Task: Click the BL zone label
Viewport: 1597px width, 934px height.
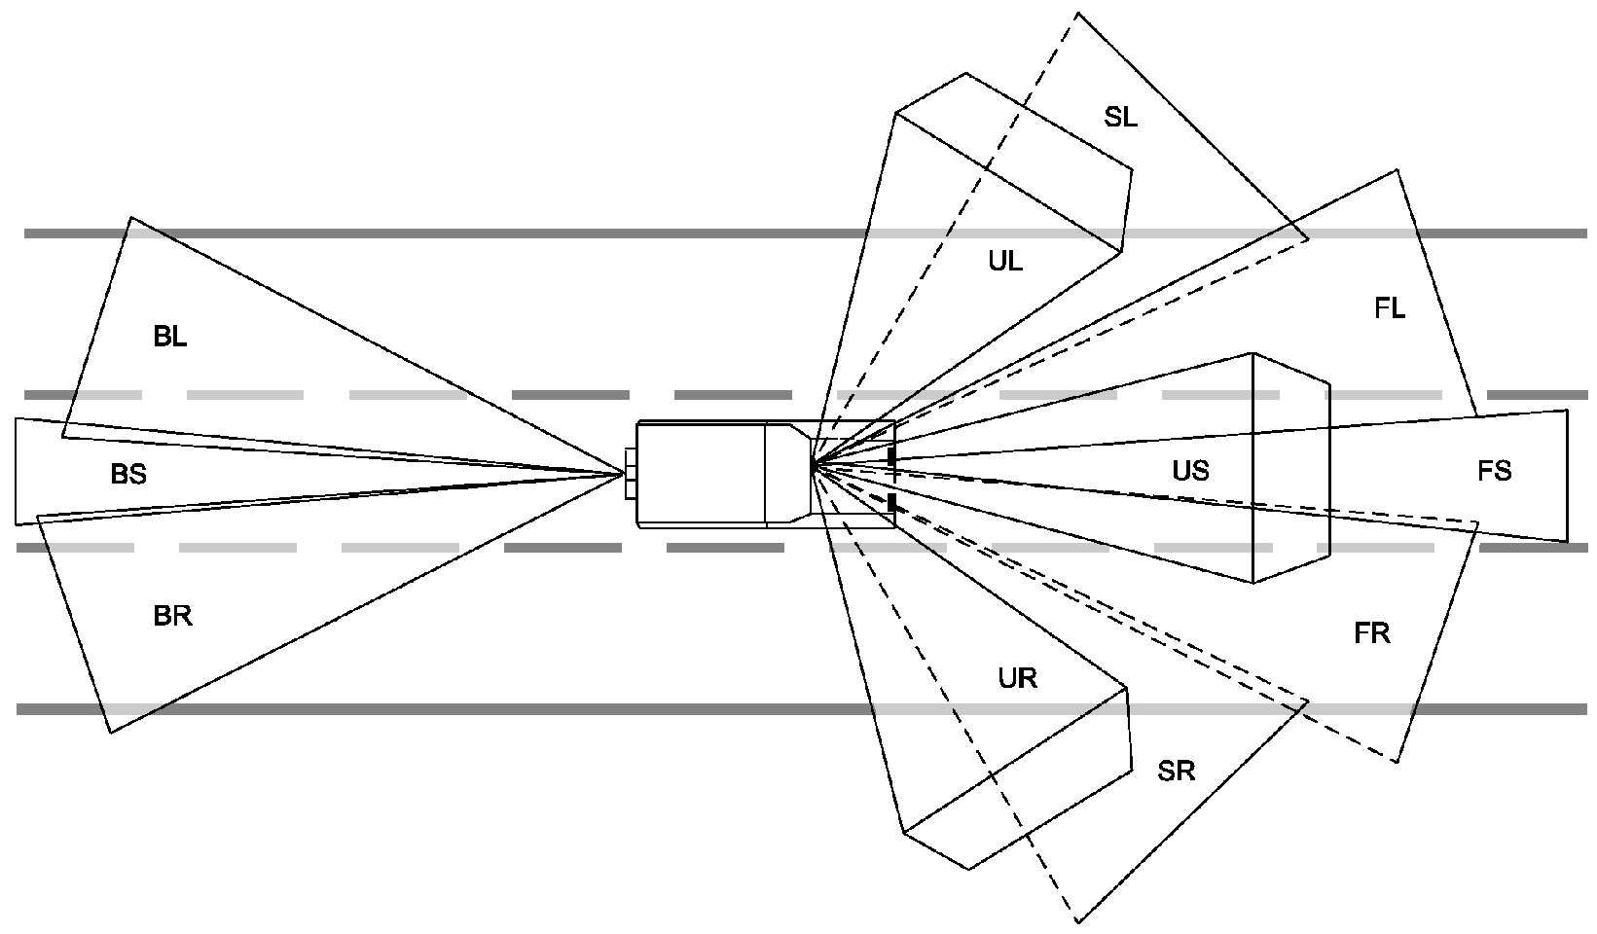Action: click(170, 338)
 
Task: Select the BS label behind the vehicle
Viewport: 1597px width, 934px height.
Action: click(128, 474)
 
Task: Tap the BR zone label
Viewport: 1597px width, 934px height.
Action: click(172, 616)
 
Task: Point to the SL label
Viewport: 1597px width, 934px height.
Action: click(1120, 118)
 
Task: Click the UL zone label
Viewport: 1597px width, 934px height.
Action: click(1005, 261)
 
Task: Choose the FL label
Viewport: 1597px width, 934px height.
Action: click(1390, 308)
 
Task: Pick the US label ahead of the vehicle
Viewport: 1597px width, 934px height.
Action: click(1190, 471)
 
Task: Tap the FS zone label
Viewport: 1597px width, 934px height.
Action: click(1494, 472)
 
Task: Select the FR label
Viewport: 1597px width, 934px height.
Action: click(1371, 633)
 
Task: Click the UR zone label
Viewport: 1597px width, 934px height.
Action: click(1017, 678)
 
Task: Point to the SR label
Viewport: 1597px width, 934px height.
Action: click(1176, 772)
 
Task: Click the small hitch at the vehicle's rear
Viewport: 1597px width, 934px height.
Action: click(630, 474)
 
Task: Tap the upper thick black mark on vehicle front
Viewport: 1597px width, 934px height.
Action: click(891, 456)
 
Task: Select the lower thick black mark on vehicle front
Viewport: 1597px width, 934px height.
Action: click(891, 503)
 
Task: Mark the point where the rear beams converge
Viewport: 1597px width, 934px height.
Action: click(624, 474)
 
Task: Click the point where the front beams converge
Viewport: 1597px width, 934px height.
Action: click(813, 468)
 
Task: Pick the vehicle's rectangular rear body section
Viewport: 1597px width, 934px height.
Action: click(701, 474)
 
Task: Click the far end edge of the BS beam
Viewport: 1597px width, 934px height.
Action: click(16, 472)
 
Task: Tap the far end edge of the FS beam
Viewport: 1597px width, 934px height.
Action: click(1567, 475)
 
